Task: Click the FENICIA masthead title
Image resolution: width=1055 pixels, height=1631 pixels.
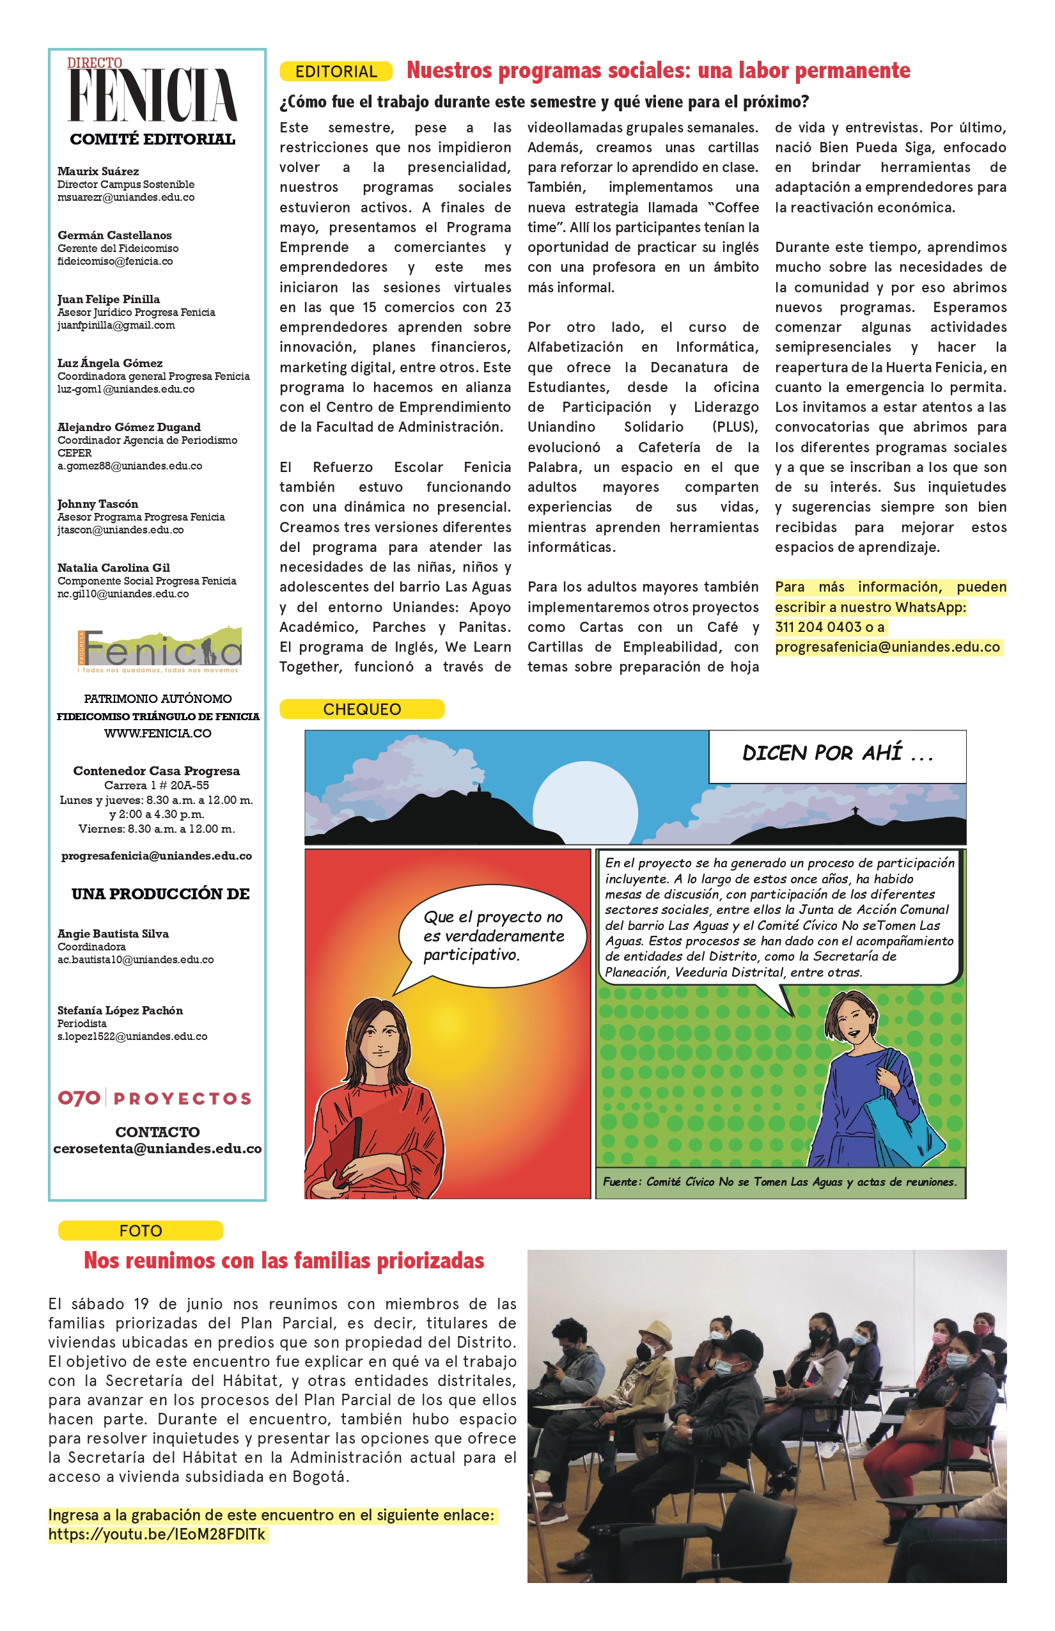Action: click(153, 94)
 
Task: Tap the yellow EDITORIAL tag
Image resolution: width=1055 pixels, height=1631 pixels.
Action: click(336, 71)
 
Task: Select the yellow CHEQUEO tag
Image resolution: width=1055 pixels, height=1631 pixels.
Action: click(362, 709)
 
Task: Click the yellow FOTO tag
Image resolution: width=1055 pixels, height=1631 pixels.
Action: click(141, 1231)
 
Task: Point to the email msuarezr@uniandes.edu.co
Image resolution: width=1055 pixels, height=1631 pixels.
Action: click(126, 198)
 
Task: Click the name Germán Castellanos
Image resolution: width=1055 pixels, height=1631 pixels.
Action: click(114, 235)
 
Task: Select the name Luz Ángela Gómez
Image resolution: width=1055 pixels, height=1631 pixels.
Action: click(109, 363)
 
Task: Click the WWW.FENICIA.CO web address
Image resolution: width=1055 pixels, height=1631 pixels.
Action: click(157, 733)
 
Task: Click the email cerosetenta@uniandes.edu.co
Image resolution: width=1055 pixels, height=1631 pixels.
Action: click(157, 1149)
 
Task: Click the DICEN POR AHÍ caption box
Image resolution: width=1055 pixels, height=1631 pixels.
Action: click(836, 755)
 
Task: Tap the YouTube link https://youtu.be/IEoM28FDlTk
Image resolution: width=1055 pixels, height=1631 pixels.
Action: click(157, 1534)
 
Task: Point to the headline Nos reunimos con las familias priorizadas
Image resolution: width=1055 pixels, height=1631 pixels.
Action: click(284, 1261)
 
